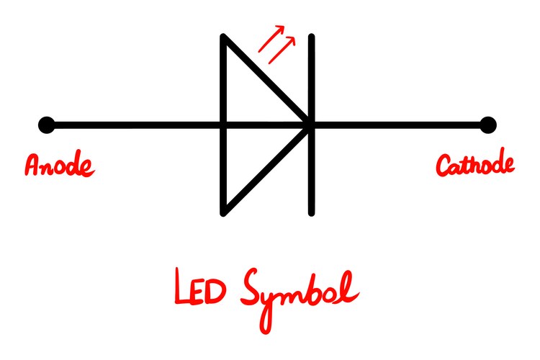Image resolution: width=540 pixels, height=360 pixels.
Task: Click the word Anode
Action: tap(59, 164)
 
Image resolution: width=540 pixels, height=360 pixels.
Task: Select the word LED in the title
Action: tap(199, 287)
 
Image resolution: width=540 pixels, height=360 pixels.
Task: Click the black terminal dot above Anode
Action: tap(47, 125)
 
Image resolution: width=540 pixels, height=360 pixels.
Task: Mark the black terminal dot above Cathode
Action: tap(488, 125)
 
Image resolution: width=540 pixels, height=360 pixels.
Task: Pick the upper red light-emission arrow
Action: tap(271, 39)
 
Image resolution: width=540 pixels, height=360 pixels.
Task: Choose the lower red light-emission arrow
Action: tap(282, 50)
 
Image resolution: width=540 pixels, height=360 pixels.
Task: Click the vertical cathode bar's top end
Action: tap(312, 36)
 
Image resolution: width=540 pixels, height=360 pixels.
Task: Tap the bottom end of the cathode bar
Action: tap(312, 214)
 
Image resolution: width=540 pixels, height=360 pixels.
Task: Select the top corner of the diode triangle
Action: tap(223, 37)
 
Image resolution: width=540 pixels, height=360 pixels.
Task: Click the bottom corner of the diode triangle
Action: tap(223, 213)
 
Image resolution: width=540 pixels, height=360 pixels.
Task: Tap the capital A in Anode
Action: tap(32, 165)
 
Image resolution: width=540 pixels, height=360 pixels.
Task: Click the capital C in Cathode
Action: tap(444, 166)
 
